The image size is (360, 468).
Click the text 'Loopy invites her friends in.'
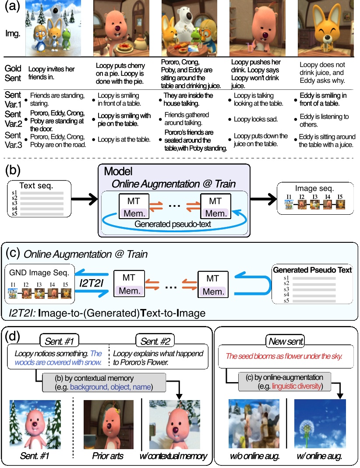(51, 73)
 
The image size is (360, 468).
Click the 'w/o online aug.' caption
(254, 456)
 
